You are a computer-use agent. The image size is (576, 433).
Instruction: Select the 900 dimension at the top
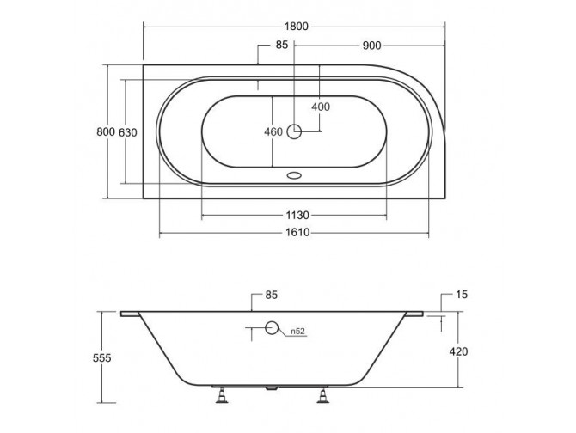371,45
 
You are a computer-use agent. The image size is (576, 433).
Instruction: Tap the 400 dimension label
321,107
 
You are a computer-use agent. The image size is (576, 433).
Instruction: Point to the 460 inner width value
273,132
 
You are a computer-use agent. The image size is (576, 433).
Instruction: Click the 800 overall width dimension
105,131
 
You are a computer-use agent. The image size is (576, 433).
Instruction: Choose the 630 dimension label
127,131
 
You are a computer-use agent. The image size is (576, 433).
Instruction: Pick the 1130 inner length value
294,215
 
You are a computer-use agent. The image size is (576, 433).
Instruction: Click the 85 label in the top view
281,45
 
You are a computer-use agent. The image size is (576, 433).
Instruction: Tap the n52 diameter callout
297,331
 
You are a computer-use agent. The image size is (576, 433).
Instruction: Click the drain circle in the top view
294,131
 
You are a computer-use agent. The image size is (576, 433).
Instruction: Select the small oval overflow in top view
294,173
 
